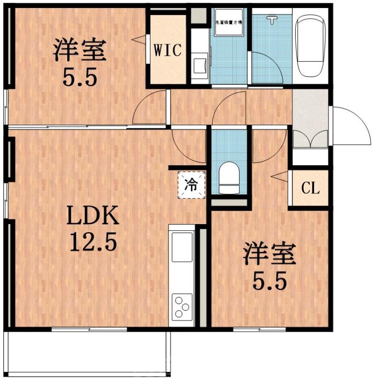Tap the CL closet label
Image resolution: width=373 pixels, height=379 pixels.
point(310,188)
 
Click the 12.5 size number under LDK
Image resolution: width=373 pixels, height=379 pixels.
point(93,243)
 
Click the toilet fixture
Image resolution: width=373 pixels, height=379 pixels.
point(229,178)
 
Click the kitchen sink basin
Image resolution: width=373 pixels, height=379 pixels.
point(183,247)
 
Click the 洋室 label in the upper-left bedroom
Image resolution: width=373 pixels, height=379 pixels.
point(79,51)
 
